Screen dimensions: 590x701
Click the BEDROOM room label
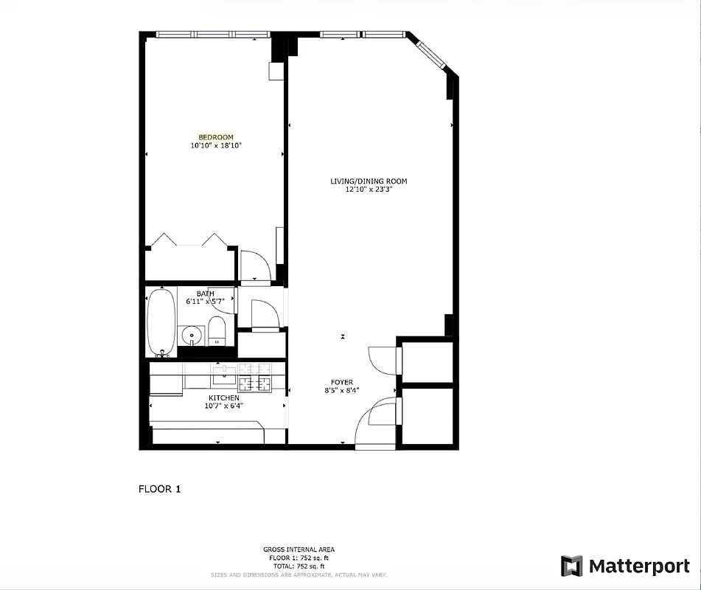click(216, 137)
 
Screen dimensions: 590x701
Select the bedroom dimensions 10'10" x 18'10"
click(216, 146)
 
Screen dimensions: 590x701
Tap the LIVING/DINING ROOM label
click(369, 181)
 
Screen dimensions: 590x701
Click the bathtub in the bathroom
click(161, 322)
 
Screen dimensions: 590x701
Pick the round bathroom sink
click(192, 336)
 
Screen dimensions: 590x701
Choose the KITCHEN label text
click(223, 398)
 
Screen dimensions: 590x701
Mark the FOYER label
click(341, 382)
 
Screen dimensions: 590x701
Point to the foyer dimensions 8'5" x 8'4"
click(341, 391)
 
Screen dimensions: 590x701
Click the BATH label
click(205, 294)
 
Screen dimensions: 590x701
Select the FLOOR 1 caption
click(160, 488)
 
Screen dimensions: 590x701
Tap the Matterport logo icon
click(571, 566)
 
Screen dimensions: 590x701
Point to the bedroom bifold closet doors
click(188, 240)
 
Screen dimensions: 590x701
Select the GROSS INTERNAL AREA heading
click(299, 549)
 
